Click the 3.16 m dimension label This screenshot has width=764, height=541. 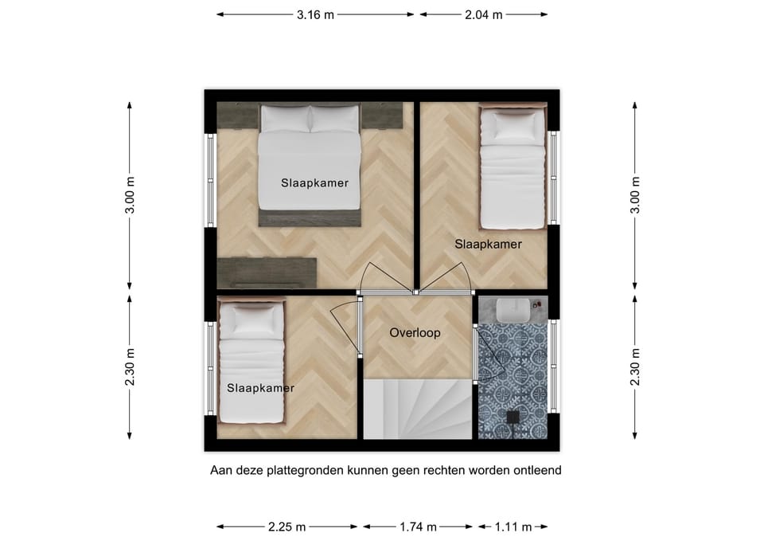pyautogui.click(x=315, y=14)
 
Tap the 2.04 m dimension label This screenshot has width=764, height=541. pyautogui.click(x=483, y=14)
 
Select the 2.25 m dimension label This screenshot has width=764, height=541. pyautogui.click(x=287, y=527)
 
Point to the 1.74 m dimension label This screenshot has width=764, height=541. pyautogui.click(x=418, y=527)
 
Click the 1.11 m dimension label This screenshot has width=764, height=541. pyautogui.click(x=513, y=527)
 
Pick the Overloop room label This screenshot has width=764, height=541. pyautogui.click(x=415, y=333)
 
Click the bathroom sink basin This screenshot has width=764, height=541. pyautogui.click(x=513, y=310)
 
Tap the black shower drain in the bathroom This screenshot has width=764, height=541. pyautogui.click(x=513, y=417)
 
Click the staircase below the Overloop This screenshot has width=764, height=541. pyautogui.click(x=418, y=410)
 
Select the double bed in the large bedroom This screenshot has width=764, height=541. pyautogui.click(x=310, y=165)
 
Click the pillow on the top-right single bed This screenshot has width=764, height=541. pyautogui.click(x=513, y=127)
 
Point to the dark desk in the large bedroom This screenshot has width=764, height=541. pyautogui.click(x=267, y=272)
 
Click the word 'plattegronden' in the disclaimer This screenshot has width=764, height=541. pyautogui.click(x=305, y=471)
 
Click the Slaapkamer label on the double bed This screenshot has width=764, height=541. pyautogui.click(x=315, y=183)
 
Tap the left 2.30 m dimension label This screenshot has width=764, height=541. pyautogui.click(x=130, y=367)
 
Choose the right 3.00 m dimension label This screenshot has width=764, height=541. pyautogui.click(x=635, y=195)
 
